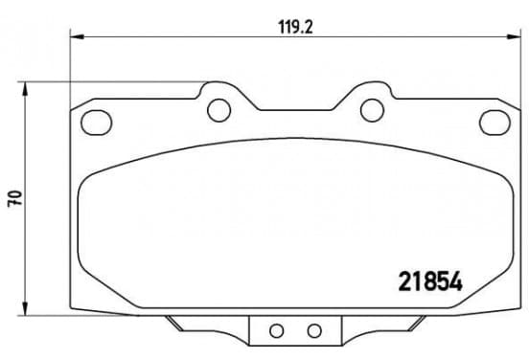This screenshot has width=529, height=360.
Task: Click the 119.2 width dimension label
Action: (x=295, y=27)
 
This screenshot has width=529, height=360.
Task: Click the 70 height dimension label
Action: (x=15, y=198)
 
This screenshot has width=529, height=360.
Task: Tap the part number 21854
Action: (x=430, y=281)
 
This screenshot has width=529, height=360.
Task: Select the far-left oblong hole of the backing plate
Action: (x=97, y=123)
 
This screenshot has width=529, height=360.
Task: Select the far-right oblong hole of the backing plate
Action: (x=494, y=123)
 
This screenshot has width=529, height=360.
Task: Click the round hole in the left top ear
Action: (x=218, y=110)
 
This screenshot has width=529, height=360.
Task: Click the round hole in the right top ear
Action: (x=372, y=110)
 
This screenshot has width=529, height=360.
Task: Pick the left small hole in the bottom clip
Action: (x=276, y=330)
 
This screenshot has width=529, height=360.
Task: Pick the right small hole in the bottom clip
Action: (x=314, y=330)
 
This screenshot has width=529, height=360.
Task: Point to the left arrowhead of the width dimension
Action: (x=77, y=36)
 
